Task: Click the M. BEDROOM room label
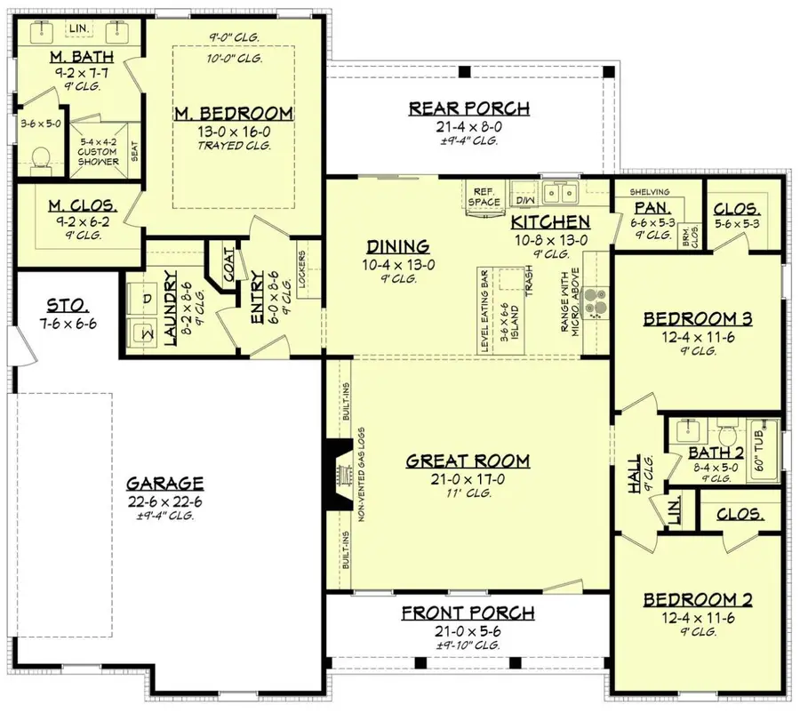[234, 113]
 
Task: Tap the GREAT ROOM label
[468, 461]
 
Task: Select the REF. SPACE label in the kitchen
[485, 196]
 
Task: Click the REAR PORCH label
[468, 108]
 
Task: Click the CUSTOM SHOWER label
[98, 156]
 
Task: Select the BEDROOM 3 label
[698, 318]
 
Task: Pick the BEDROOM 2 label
[698, 600]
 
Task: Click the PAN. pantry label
[645, 206]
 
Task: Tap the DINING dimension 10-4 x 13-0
[398, 263]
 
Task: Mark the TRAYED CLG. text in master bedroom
[234, 145]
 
